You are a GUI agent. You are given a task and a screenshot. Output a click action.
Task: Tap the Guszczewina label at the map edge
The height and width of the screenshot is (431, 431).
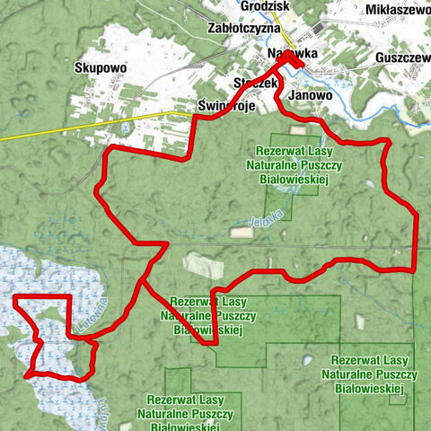[403, 55]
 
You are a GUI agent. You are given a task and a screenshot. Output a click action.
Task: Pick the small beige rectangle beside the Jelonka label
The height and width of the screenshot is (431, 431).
[241, 233]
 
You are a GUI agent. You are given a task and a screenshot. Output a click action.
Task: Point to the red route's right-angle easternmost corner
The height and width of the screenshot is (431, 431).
[415, 268]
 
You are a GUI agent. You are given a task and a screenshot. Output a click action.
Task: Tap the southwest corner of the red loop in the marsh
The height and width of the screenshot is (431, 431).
[29, 372]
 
